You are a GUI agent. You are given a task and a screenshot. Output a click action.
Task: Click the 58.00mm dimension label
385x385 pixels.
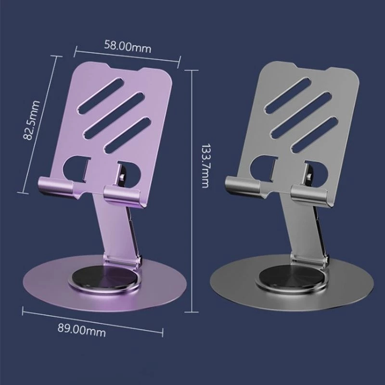tap(128, 47)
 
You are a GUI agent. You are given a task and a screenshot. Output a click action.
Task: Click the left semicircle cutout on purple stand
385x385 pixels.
tap(75, 167)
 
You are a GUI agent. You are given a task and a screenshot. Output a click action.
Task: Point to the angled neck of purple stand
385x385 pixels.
tap(115, 226)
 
